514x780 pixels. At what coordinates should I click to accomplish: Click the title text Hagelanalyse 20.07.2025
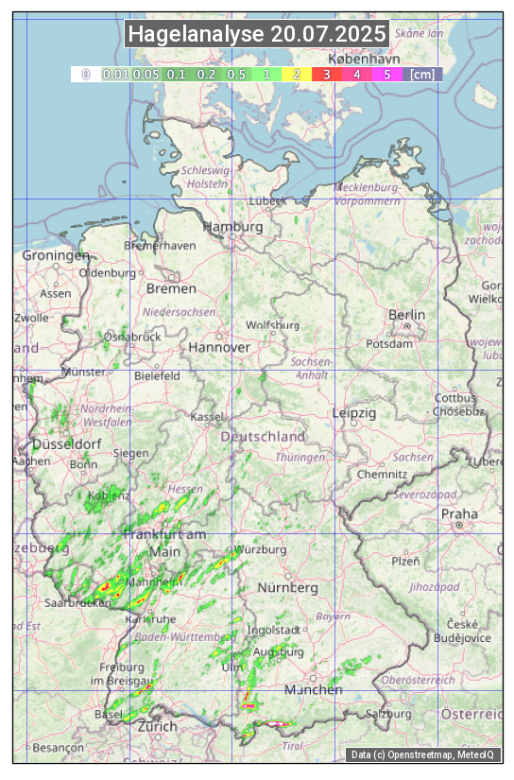click(257, 34)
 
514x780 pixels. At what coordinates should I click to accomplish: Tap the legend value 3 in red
click(326, 74)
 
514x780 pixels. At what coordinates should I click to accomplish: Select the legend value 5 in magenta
click(386, 74)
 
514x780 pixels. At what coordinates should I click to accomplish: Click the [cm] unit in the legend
click(422, 74)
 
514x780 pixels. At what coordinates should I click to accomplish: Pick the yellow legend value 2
click(296, 74)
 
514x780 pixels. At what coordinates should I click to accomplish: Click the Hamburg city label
click(233, 227)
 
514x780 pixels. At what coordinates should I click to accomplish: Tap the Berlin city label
click(406, 315)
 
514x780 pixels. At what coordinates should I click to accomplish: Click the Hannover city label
click(219, 348)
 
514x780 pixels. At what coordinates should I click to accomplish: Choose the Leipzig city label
click(354, 413)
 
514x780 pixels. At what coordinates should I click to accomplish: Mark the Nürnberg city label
click(288, 588)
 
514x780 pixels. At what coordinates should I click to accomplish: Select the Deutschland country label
click(263, 437)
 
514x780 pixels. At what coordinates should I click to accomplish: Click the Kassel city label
click(207, 417)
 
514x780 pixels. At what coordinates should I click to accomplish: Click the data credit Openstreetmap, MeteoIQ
click(422, 754)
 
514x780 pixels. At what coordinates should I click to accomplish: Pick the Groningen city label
click(55, 255)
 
